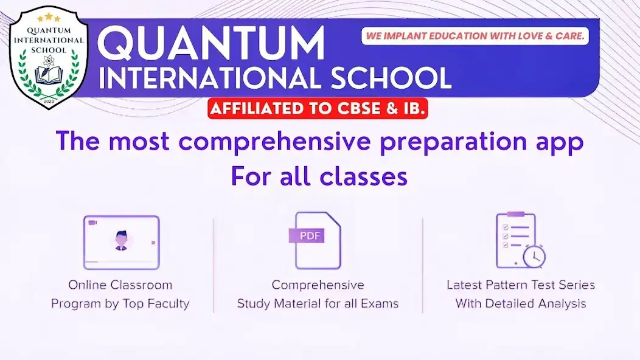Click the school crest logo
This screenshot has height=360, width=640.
[49, 57]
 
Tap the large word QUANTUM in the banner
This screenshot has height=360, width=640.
[211, 45]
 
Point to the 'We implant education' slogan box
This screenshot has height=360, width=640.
[475, 36]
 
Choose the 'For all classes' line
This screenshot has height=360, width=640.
[319, 176]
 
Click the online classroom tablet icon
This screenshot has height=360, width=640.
[121, 242]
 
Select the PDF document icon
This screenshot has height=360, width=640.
[317, 241]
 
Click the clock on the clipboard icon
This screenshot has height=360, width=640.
[534, 257]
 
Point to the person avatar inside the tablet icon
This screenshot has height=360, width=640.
[121, 240]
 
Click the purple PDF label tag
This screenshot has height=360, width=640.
[307, 235]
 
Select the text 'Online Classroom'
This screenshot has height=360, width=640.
[120, 285]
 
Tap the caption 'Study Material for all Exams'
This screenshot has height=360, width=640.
[318, 303]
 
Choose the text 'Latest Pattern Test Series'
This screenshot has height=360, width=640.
[521, 285]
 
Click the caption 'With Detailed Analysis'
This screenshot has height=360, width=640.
[521, 303]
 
